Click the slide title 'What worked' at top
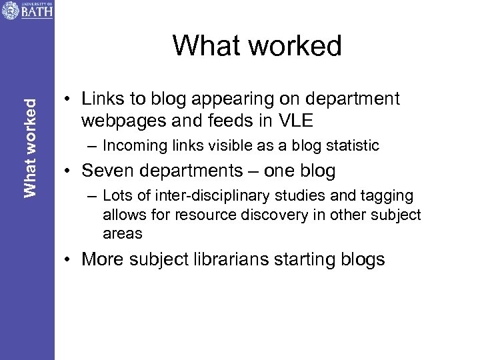[x=257, y=46]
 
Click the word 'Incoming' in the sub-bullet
[x=131, y=146]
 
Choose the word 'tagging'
[x=387, y=196]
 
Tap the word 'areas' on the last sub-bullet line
[x=123, y=233]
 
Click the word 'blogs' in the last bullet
[x=361, y=259]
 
